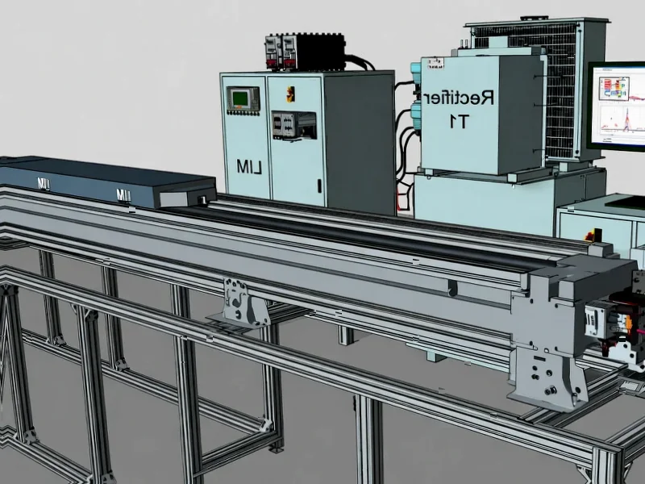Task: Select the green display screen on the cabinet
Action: click(x=241, y=99)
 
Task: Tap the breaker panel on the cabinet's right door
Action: click(x=292, y=125)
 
